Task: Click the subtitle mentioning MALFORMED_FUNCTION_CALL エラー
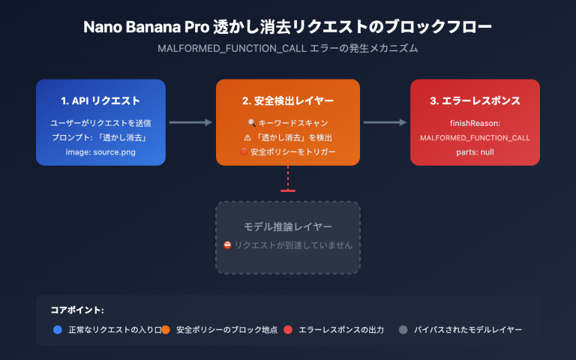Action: (x=288, y=49)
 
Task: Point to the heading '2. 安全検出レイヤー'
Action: (x=288, y=100)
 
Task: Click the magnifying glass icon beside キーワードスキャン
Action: (x=251, y=122)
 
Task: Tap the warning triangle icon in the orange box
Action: (x=247, y=137)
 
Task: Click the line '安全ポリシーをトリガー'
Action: (x=293, y=152)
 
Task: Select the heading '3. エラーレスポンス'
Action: (x=475, y=100)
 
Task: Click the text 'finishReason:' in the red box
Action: (x=475, y=122)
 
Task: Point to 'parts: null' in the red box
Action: (x=475, y=152)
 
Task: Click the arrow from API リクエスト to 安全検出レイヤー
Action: (x=190, y=122)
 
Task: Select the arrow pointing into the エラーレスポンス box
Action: (x=385, y=122)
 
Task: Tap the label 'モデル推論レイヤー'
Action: (x=288, y=226)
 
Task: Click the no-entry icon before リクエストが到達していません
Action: (x=227, y=245)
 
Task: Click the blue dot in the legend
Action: (x=58, y=329)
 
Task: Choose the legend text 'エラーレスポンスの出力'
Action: (x=341, y=329)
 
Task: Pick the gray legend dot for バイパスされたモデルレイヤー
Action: (x=403, y=329)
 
